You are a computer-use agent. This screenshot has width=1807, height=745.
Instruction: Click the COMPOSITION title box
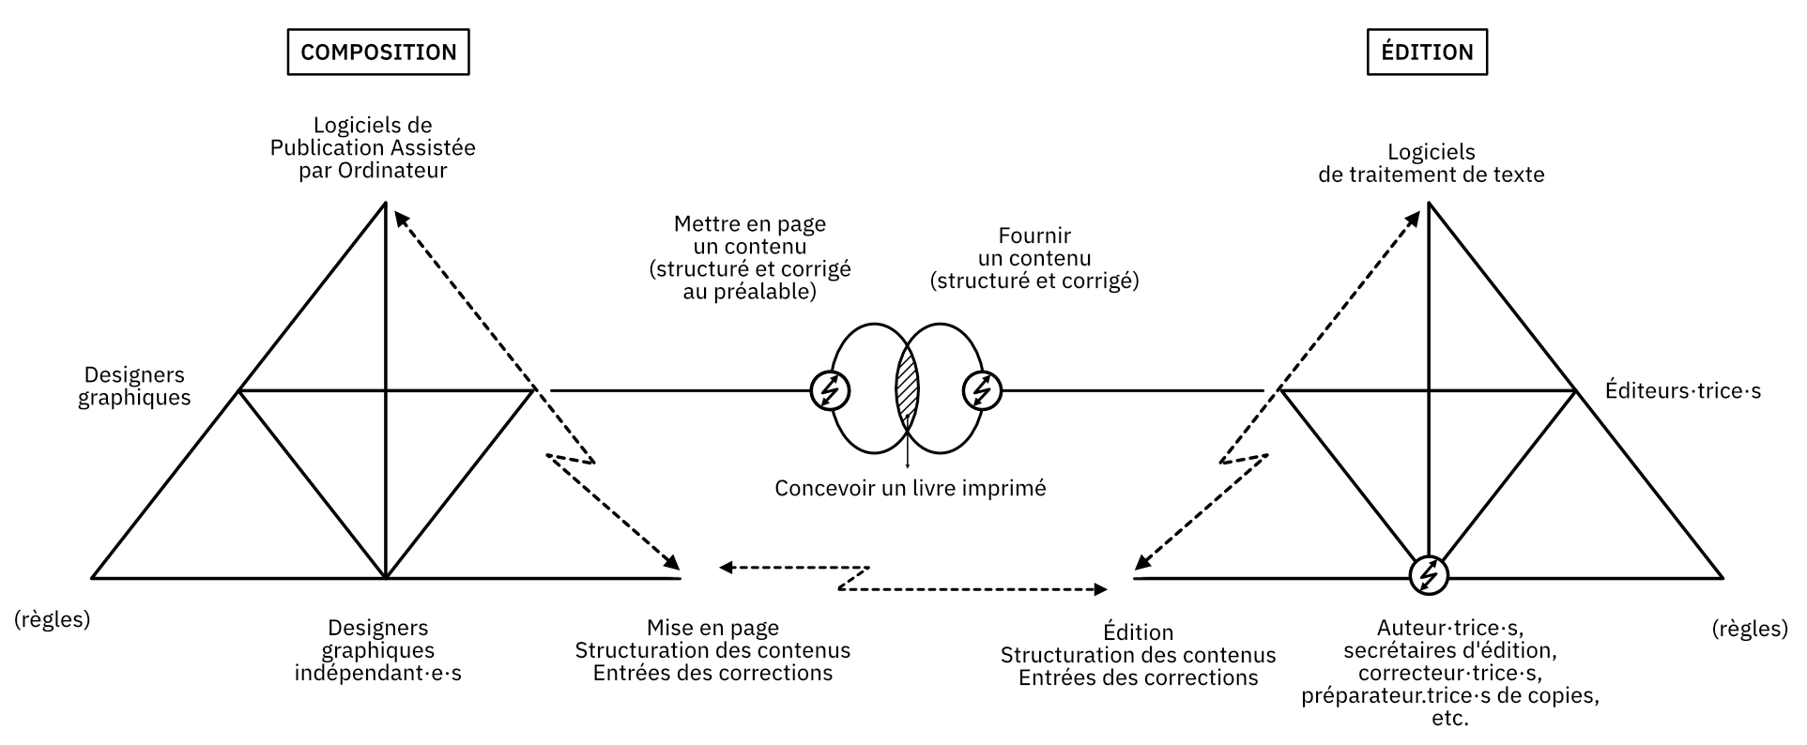click(378, 52)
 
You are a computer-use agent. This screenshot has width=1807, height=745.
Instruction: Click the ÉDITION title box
click(1427, 52)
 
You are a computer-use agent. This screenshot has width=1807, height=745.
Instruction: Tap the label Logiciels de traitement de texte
click(1431, 163)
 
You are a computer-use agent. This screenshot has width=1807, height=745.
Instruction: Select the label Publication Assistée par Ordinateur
click(373, 148)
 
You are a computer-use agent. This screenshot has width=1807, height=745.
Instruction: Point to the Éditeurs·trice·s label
click(1682, 390)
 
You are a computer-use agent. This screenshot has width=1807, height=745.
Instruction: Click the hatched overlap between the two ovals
click(907, 388)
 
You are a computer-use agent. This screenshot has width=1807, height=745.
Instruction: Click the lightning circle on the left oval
click(830, 389)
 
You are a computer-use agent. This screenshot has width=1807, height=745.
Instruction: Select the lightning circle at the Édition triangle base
click(1429, 574)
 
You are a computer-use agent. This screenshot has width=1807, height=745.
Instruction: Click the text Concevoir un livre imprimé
click(910, 488)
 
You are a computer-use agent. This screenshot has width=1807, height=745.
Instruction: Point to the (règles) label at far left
click(53, 620)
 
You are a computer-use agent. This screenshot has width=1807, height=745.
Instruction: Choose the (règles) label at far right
click(1750, 628)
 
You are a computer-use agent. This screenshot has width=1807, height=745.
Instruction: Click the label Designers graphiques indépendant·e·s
click(378, 650)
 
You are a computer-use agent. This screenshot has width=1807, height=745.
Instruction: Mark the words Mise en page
click(712, 628)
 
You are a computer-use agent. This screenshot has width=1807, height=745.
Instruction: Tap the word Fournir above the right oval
click(1034, 236)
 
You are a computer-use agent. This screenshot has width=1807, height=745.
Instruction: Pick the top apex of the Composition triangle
click(385, 203)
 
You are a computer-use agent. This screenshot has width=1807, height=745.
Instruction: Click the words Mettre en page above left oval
click(750, 224)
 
